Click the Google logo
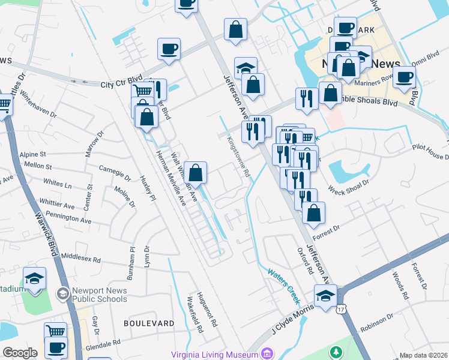click(x=20, y=353)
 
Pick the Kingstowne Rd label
click(x=238, y=155)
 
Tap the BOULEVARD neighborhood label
click(x=148, y=323)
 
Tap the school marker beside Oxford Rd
click(x=325, y=296)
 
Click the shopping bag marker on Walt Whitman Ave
click(x=196, y=173)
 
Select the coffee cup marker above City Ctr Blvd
click(x=169, y=49)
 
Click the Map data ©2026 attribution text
click(x=423, y=355)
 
